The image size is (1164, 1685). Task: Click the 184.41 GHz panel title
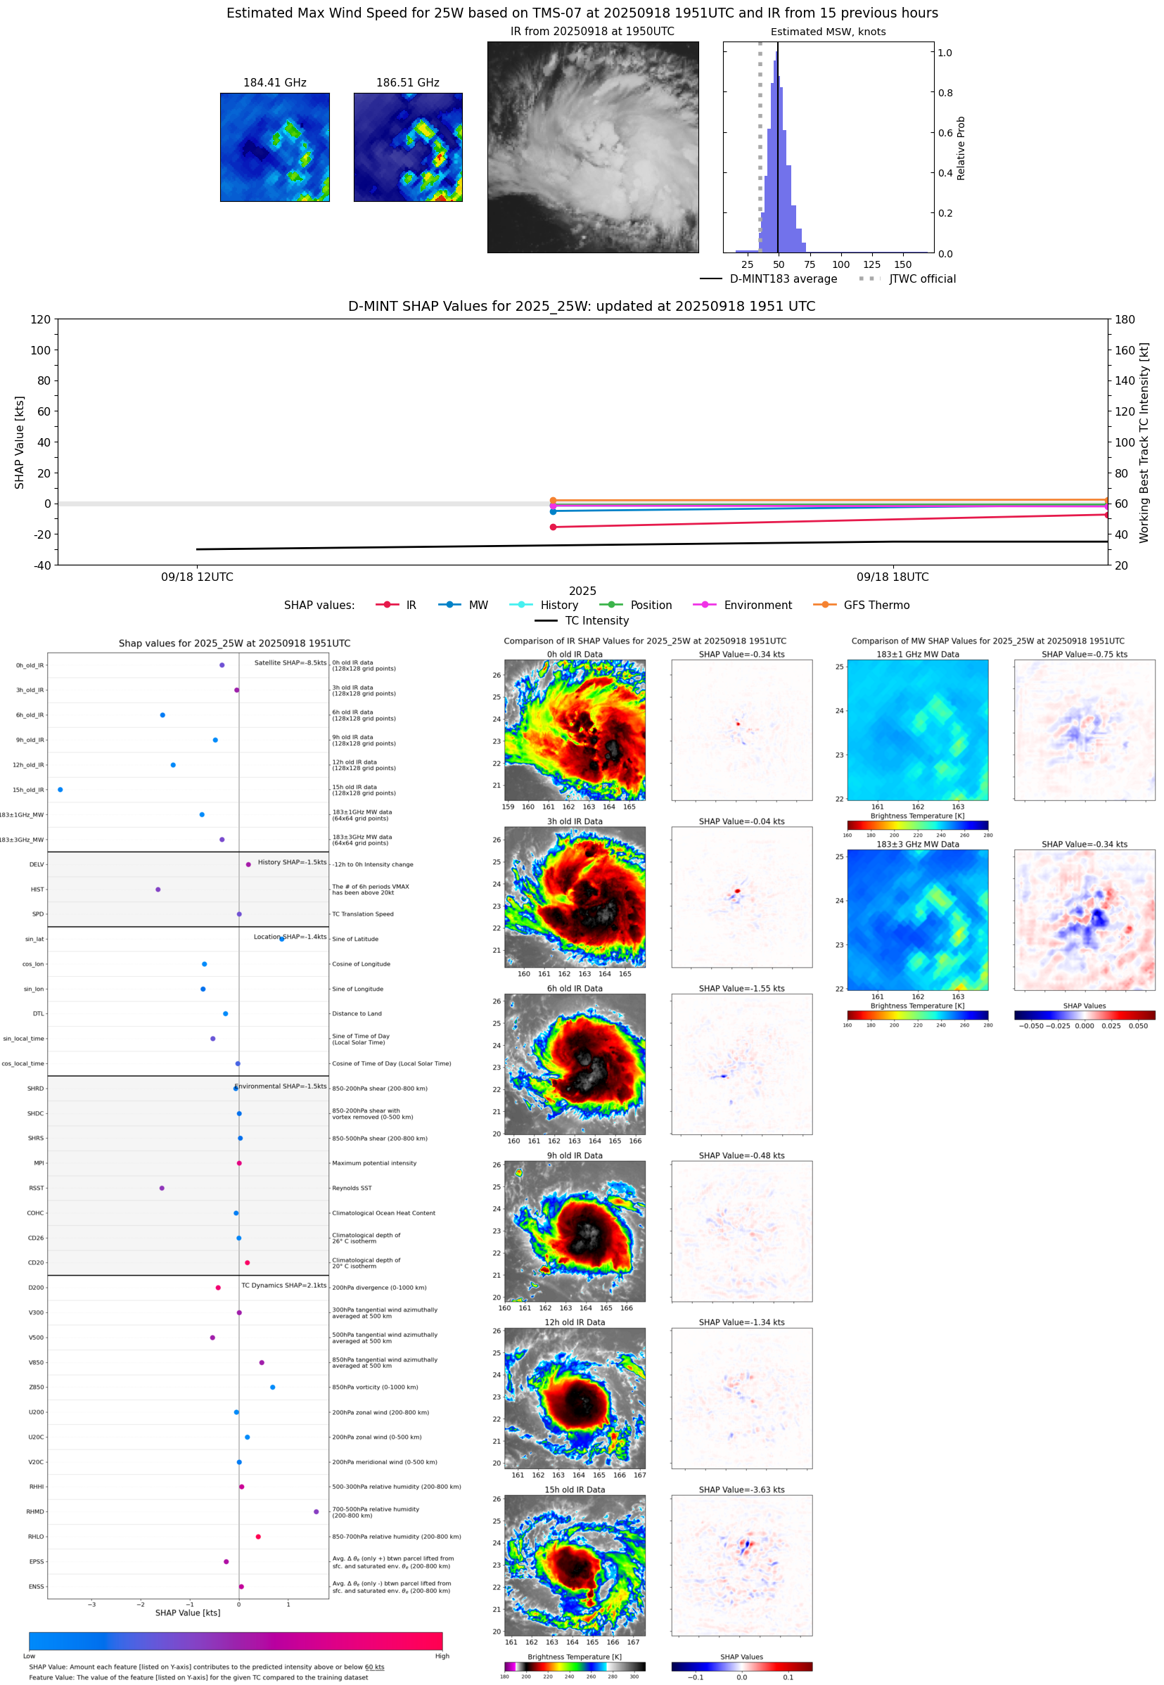pyautogui.click(x=274, y=83)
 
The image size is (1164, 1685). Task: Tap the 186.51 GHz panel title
pyautogui.click(x=408, y=83)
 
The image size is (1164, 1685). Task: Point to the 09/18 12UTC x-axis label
pyautogui.click(x=197, y=577)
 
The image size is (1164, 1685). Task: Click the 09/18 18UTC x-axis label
pyautogui.click(x=892, y=577)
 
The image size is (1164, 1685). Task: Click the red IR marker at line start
pyautogui.click(x=553, y=527)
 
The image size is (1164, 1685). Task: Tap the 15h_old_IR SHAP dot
pyautogui.click(x=60, y=790)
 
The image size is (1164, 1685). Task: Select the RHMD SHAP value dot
pyautogui.click(x=316, y=1511)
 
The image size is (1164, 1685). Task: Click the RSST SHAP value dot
pyautogui.click(x=162, y=1188)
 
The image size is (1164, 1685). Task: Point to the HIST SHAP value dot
pyautogui.click(x=158, y=890)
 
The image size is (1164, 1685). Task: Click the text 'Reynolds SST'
pyautogui.click(x=352, y=1188)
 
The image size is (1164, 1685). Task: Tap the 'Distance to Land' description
pyautogui.click(x=357, y=1013)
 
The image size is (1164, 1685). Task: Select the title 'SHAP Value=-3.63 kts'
pyautogui.click(x=741, y=1489)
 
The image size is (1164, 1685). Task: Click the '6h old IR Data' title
pyautogui.click(x=575, y=989)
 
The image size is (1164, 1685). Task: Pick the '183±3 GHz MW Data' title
pyautogui.click(x=918, y=845)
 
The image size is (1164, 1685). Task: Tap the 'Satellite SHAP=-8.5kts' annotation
pyautogui.click(x=290, y=662)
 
